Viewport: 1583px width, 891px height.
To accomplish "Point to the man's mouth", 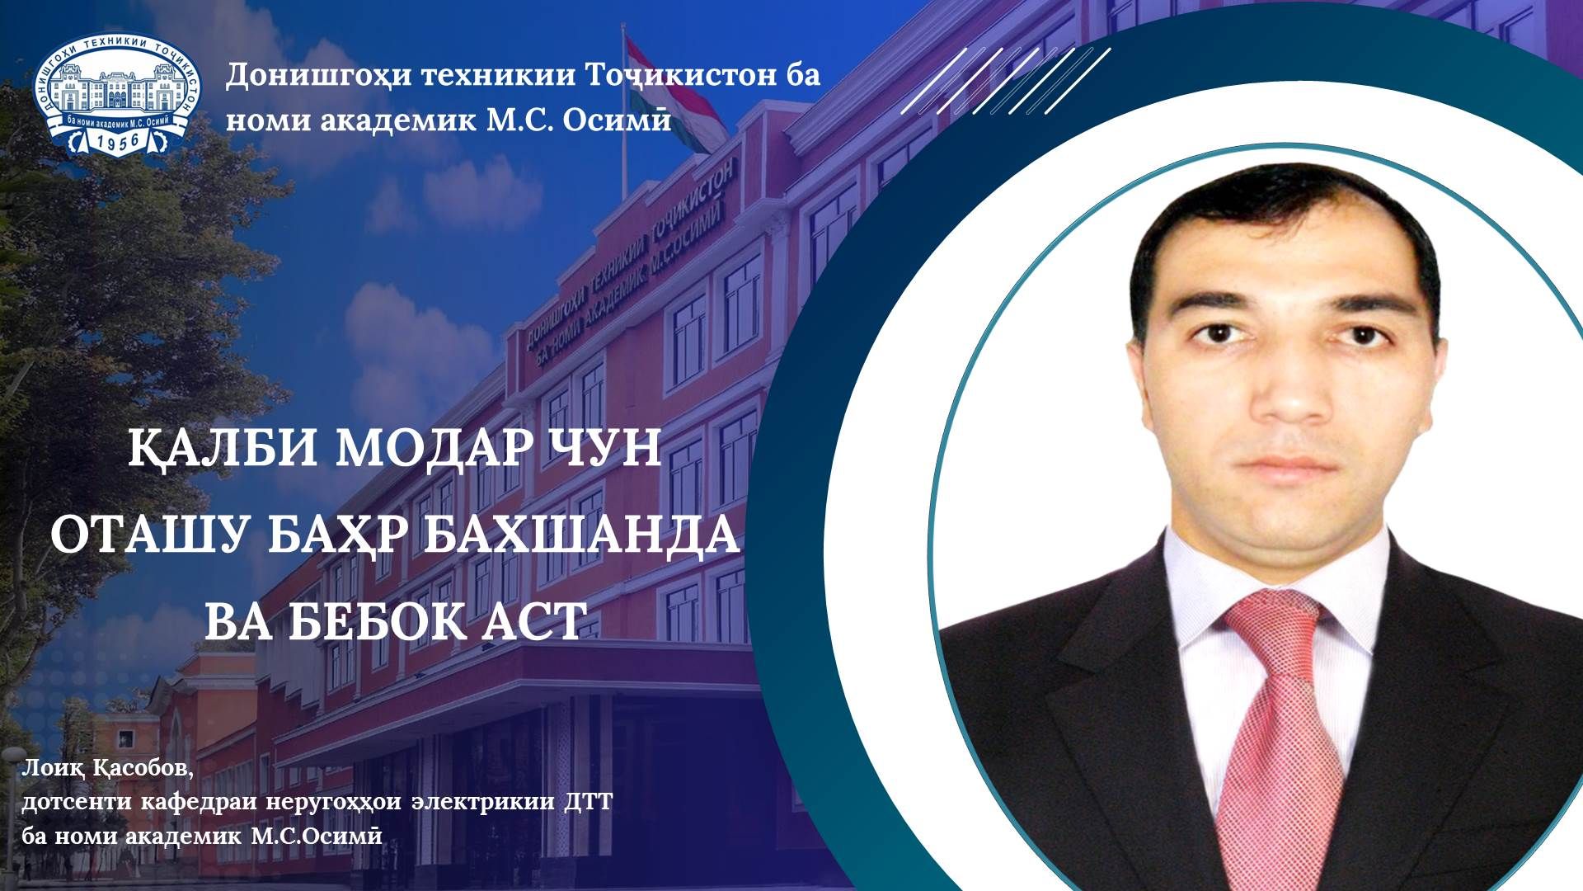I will [x=1290, y=466].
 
